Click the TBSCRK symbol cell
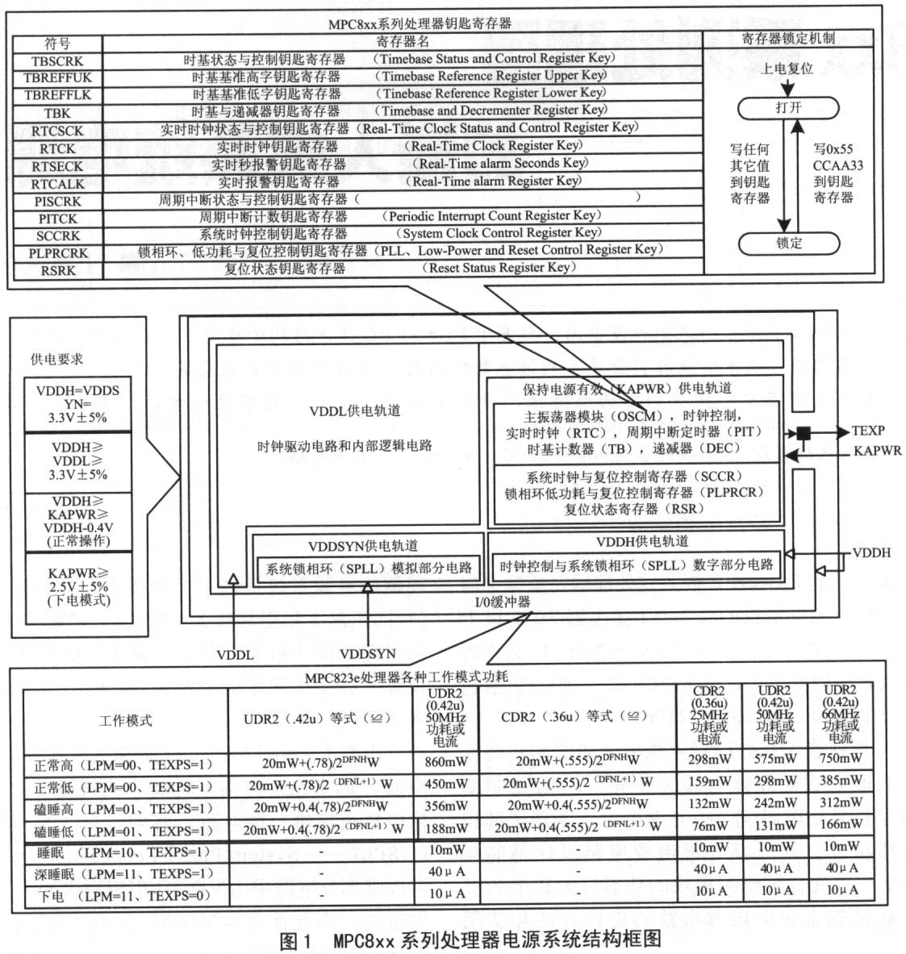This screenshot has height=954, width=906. tap(57, 61)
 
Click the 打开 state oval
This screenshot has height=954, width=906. tap(788, 108)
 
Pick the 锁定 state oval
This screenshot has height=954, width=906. tap(789, 244)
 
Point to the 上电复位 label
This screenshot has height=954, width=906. tap(787, 68)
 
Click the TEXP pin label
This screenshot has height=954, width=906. tap(867, 431)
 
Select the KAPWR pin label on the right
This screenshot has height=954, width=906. tap(877, 451)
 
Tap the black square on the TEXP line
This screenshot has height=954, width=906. tap(804, 433)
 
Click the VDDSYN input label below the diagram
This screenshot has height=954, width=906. tap(367, 654)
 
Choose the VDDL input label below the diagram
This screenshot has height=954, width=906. tap(235, 655)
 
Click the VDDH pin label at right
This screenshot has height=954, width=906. tap(871, 552)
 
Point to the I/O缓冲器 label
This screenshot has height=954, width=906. tap(503, 602)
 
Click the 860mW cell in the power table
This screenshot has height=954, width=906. tap(446, 761)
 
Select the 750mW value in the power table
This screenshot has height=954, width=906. tap(840, 757)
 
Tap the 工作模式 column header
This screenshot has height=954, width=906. tap(125, 720)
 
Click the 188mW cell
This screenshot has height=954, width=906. tap(446, 828)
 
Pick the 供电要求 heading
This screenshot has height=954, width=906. tap(56, 359)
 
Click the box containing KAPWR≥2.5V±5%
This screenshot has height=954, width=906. tap(78, 586)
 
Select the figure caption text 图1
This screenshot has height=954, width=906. tap(295, 940)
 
